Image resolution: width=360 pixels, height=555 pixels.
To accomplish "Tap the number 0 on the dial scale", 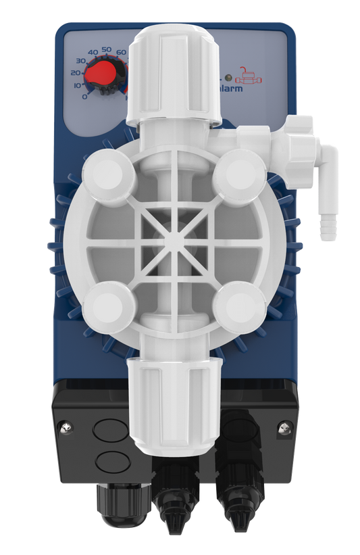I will pos(84,96).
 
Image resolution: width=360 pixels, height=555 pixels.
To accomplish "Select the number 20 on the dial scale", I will pos(76,72).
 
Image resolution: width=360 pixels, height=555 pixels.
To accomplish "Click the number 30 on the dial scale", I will pos(80,62).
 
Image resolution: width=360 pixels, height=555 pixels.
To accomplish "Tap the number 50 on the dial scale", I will pos(105,50).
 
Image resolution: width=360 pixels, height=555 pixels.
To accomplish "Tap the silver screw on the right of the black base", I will pos(282,427).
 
